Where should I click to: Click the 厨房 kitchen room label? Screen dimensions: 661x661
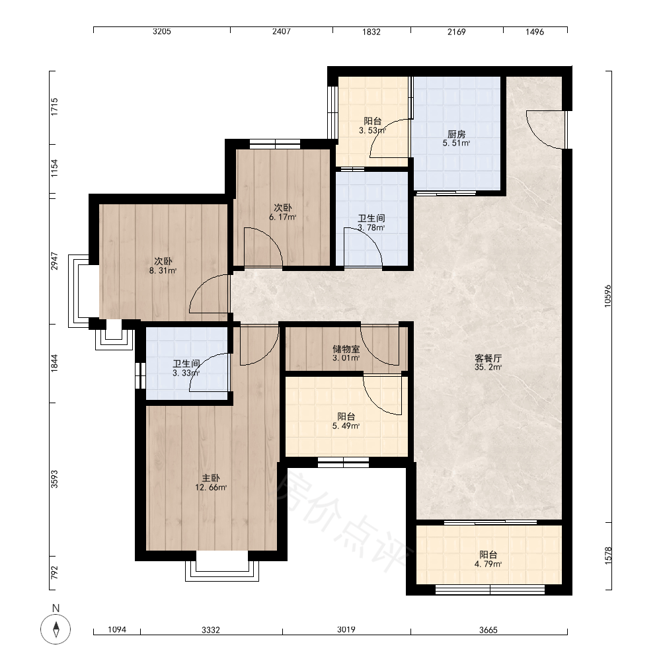point(457,134)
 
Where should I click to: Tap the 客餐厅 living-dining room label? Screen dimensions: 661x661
point(488,358)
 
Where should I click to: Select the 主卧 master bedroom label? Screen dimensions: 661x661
point(211,479)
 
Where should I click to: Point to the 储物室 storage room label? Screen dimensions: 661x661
point(346,349)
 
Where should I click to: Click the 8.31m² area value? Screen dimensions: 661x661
point(163,270)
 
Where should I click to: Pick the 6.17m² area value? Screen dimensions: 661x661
point(283,217)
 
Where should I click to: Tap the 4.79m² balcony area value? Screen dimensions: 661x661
point(488,564)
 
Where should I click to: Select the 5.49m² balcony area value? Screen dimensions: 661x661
point(346,426)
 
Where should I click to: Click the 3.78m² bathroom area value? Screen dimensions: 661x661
point(371,227)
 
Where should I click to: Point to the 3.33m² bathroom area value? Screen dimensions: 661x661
point(186,373)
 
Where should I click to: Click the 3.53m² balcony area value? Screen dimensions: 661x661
point(373,131)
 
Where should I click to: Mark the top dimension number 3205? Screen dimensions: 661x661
point(162,32)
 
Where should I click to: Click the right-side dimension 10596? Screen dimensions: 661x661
point(607,296)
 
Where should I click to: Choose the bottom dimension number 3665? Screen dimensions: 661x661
point(488,630)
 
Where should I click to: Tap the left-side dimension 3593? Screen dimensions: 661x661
point(54,479)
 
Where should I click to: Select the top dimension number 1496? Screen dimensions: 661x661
point(535,32)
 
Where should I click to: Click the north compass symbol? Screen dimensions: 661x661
point(56,629)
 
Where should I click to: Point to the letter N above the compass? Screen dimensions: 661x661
point(56,608)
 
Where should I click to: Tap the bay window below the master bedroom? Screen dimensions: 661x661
point(222,566)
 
